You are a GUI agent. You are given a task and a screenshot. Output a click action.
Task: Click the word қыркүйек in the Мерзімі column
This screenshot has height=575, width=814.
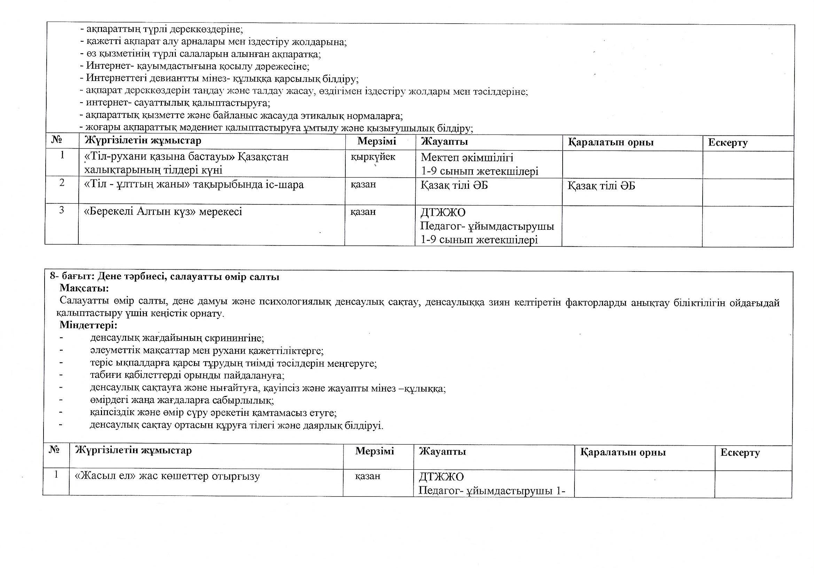[373, 157]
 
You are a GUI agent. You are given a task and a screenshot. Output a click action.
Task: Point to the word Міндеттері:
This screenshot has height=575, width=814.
[88, 325]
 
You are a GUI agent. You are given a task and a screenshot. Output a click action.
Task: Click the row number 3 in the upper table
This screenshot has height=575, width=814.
[62, 210]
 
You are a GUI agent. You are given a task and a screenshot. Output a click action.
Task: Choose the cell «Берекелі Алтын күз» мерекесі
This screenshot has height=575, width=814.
[163, 212]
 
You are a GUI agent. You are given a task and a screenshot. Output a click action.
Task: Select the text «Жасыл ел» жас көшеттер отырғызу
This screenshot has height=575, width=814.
[167, 476]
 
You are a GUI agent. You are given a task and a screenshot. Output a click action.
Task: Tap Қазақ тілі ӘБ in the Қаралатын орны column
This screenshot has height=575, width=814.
[601, 186]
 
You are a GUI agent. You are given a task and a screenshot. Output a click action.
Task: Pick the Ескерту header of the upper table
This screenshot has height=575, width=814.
[728, 143]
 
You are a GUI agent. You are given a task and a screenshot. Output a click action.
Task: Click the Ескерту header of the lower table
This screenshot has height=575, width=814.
[740, 453]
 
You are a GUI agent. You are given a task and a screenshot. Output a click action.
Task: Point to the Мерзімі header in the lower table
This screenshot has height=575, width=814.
[375, 451]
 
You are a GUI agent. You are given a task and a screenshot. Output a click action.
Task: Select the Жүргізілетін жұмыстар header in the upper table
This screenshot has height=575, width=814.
[143, 140]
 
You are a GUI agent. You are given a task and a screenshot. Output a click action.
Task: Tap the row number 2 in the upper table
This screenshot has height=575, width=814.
[62, 183]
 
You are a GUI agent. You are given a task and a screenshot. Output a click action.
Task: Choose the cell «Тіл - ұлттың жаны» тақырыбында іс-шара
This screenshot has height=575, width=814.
[194, 185]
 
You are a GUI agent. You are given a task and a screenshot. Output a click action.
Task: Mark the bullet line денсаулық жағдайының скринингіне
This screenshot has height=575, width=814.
[177, 338]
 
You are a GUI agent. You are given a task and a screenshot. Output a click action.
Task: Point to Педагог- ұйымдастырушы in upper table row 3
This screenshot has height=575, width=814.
[487, 226]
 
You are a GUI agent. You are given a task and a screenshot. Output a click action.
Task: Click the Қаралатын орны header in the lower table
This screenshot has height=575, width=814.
[623, 452]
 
